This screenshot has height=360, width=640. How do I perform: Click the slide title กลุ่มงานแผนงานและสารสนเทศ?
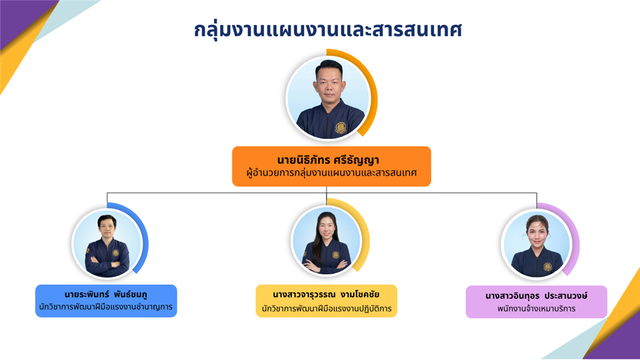pyautogui.click(x=327, y=30)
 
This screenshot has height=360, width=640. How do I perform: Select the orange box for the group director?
pyautogui.click(x=331, y=166)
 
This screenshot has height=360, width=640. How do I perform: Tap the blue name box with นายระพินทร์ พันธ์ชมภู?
pyautogui.click(x=106, y=301)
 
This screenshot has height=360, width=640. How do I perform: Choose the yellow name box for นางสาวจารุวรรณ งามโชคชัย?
pyautogui.click(x=326, y=301)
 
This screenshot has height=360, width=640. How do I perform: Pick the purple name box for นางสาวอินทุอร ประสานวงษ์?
pyautogui.click(x=536, y=302)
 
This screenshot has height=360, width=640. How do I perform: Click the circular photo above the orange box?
pyautogui.click(x=329, y=98)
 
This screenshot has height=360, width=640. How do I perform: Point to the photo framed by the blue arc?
pyautogui.click(x=107, y=244)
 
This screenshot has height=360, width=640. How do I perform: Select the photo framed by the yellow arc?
pyautogui.click(x=326, y=240)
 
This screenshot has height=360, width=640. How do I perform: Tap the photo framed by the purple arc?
pyautogui.click(x=536, y=244)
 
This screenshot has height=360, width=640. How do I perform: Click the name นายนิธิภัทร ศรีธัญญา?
pyautogui.click(x=328, y=160)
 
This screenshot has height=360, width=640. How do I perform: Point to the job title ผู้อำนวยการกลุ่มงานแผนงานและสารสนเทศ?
pyautogui.click(x=331, y=173)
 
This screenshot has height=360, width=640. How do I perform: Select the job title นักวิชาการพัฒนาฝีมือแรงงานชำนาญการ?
pyautogui.click(x=106, y=307)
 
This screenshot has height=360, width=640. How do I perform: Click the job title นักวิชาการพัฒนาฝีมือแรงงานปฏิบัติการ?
pyautogui.click(x=326, y=309)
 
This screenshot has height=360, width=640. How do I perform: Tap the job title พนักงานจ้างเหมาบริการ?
pyautogui.click(x=536, y=309)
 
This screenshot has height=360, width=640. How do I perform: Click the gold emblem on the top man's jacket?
pyautogui.click(x=341, y=127)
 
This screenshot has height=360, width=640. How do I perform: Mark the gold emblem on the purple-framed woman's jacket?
pyautogui.click(x=547, y=267)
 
